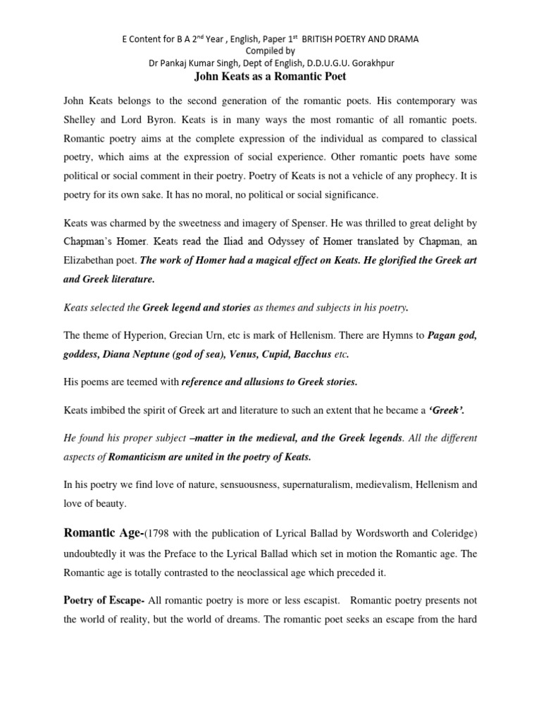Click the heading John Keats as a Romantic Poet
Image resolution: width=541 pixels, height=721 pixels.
click(x=270, y=76)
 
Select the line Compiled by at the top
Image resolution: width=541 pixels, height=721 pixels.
click(x=270, y=51)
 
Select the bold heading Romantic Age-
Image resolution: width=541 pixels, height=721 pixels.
click(x=103, y=534)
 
